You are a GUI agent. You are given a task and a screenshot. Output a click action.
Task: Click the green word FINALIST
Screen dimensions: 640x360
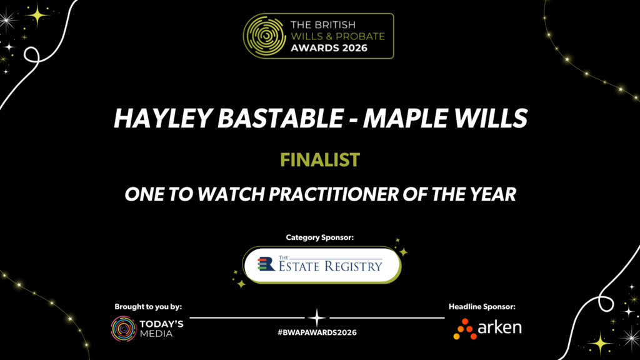coord(320,159)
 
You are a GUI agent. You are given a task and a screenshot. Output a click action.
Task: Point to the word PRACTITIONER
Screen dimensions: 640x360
coord(334,194)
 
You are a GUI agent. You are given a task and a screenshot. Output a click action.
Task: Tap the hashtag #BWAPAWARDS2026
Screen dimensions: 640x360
coord(317,332)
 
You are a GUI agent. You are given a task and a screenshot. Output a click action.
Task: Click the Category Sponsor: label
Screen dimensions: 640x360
coord(319,237)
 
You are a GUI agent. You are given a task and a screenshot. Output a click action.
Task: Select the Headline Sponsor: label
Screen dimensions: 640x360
coord(482,306)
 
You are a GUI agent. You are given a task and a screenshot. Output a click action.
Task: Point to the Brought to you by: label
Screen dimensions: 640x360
coord(148,306)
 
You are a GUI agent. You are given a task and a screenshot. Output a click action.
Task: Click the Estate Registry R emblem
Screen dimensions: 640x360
coord(266,264)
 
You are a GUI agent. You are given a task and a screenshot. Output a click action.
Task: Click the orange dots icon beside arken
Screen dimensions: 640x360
coord(465,329)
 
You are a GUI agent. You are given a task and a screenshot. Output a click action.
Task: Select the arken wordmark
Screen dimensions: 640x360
coord(499,327)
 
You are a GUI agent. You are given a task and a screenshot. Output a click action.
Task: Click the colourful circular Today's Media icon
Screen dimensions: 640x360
coord(124,329)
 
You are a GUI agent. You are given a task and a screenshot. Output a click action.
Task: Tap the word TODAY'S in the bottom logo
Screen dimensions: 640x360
coord(162,324)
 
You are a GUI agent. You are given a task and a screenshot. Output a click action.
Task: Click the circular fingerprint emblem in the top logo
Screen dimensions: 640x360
coord(264,36)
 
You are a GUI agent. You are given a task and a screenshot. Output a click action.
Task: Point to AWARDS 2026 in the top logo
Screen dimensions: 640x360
coord(329,48)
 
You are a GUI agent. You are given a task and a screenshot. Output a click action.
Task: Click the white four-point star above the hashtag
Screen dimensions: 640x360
coord(317,317)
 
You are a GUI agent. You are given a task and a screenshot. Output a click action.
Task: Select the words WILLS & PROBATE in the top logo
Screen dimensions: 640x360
coord(338,36)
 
